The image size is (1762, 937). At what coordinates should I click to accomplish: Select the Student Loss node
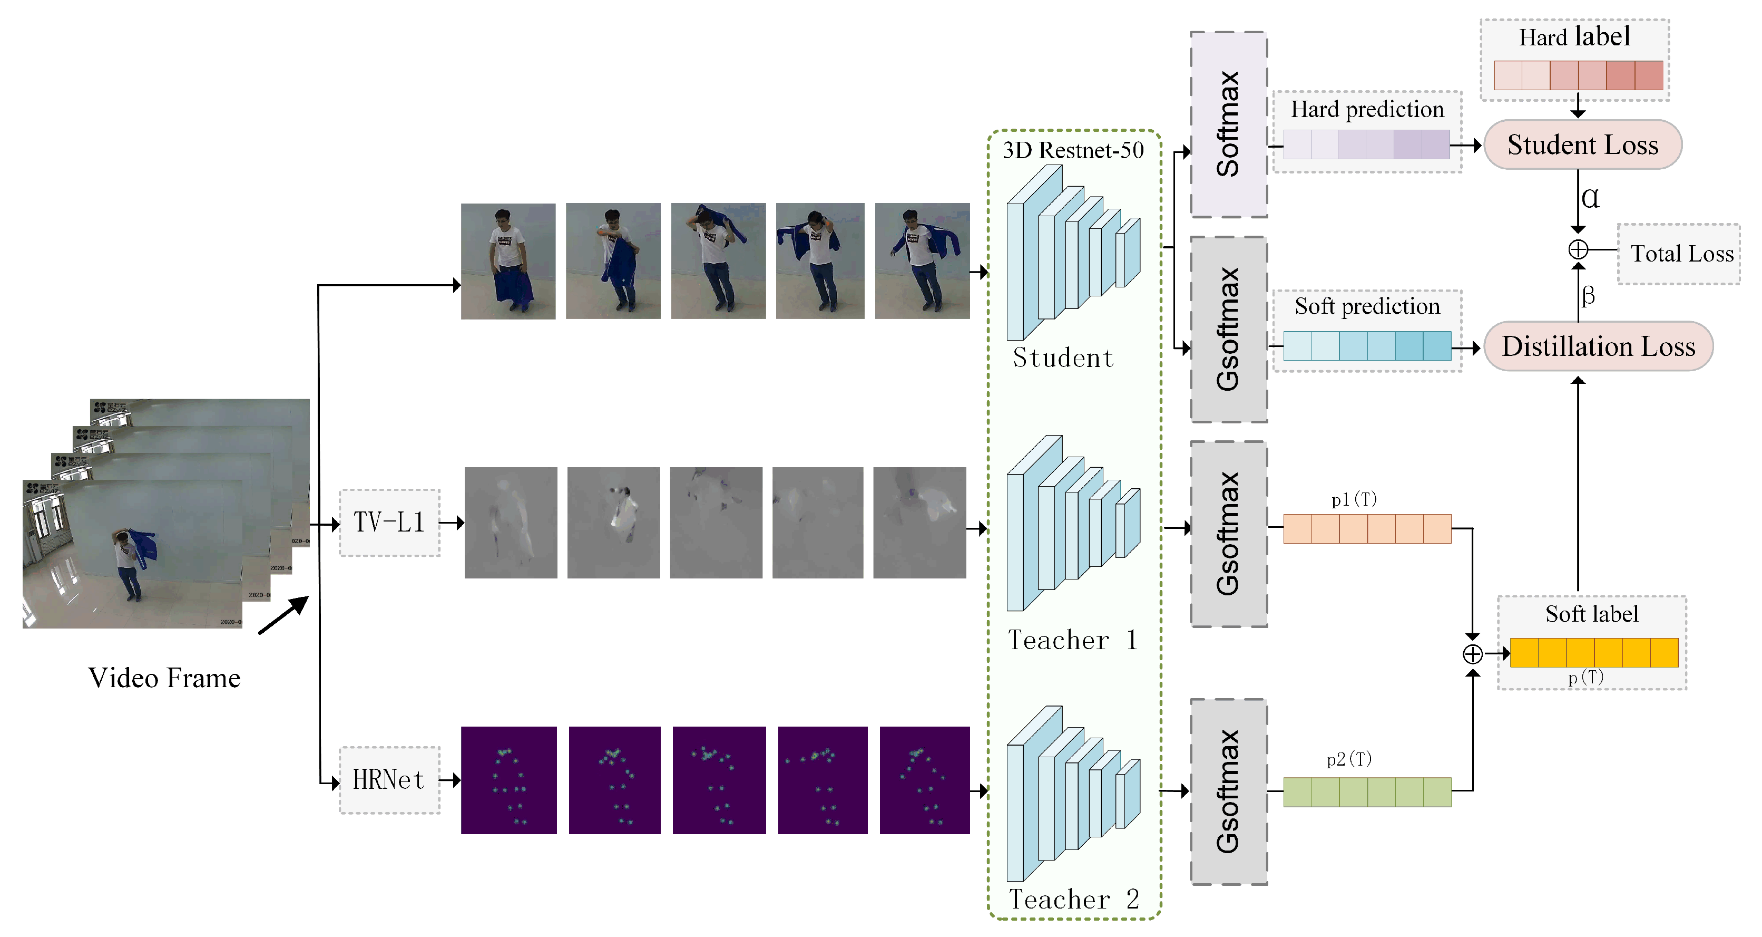1582,144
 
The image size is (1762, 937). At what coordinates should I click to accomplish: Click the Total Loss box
1681,254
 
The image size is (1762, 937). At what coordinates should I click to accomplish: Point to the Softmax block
1228,124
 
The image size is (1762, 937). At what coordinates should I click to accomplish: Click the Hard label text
1574,37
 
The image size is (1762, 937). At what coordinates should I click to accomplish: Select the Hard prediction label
1367,110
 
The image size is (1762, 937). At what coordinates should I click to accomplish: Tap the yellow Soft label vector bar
1594,652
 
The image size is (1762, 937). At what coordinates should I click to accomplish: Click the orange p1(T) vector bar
1367,528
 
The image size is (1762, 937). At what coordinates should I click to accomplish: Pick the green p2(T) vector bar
1367,792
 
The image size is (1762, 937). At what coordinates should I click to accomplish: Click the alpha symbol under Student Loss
1590,198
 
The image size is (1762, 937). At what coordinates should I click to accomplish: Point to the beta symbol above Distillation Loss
1588,296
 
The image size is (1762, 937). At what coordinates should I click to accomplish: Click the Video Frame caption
164,678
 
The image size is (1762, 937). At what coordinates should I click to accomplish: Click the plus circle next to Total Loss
1578,250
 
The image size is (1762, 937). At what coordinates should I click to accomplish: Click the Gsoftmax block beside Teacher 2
1228,792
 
